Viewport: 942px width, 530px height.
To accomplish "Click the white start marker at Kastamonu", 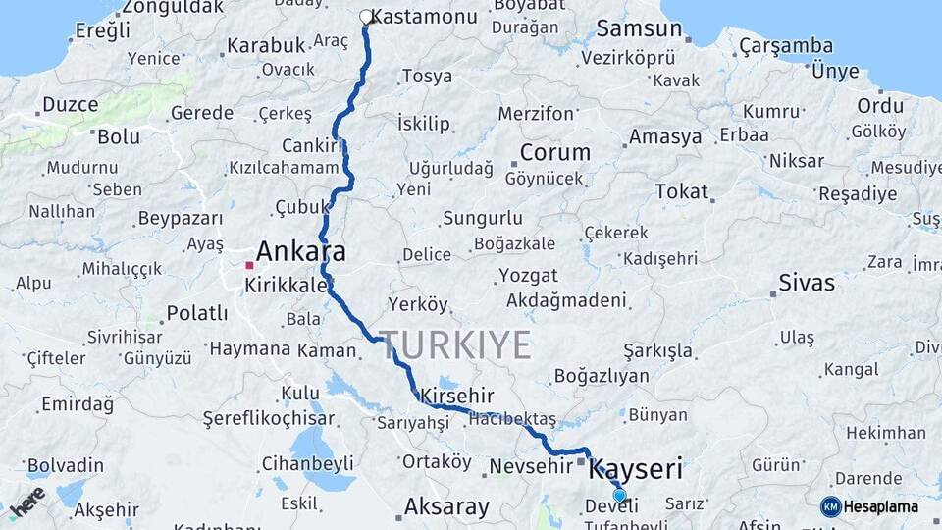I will click(x=366, y=17).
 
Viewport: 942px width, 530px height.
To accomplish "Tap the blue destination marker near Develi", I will click(x=619, y=496).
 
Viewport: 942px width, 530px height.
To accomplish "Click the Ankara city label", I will click(x=300, y=250).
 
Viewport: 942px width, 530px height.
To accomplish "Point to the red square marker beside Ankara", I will click(x=250, y=265).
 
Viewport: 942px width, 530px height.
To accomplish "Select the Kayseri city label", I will click(x=635, y=469).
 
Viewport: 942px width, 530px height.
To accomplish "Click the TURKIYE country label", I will click(x=456, y=345).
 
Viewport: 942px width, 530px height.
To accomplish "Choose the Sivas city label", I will click(x=807, y=284).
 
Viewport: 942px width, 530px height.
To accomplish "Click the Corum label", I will click(x=555, y=153).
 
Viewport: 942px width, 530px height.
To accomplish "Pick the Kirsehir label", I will click(x=454, y=396).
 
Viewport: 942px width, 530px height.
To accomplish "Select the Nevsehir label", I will click(x=529, y=465).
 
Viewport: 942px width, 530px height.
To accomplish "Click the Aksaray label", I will click(x=446, y=507).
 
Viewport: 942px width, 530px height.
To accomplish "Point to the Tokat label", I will click(x=681, y=191).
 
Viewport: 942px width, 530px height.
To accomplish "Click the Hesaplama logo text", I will click(x=881, y=507).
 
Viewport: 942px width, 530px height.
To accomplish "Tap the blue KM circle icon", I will click(x=830, y=507).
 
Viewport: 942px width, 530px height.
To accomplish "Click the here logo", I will click(x=26, y=502).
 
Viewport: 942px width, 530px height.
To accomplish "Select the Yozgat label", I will click(x=528, y=276).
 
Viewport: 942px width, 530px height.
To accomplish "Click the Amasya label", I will click(x=665, y=136).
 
